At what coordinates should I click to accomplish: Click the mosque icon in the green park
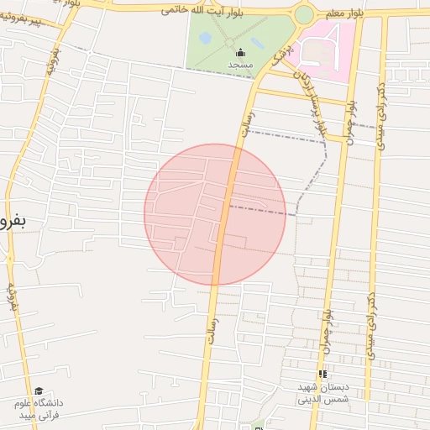click(x=241, y=53)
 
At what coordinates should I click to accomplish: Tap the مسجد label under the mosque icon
click(x=240, y=65)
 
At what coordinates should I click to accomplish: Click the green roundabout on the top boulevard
click(x=304, y=14)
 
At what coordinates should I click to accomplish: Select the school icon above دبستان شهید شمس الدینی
click(x=322, y=375)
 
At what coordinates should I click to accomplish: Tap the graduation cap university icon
click(x=38, y=391)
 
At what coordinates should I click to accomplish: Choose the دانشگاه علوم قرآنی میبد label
click(x=38, y=409)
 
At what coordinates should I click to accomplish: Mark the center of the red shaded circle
click(x=215, y=214)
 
